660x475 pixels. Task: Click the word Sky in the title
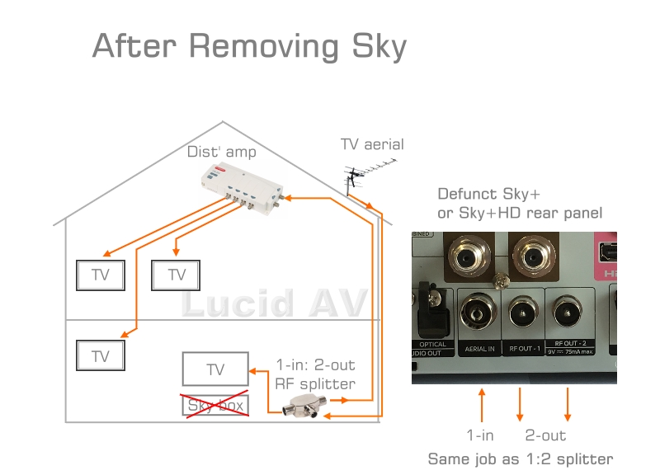[x=376, y=45]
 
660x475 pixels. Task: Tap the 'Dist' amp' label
[x=222, y=152]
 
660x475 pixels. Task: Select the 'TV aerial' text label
[x=372, y=144]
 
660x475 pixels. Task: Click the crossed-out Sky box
[x=215, y=405]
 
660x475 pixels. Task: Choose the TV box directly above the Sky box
[x=214, y=370]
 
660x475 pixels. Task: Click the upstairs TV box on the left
[x=101, y=275]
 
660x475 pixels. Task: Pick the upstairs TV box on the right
[x=177, y=275]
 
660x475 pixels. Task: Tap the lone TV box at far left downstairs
[x=101, y=355]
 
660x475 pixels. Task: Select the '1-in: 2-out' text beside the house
[x=315, y=364]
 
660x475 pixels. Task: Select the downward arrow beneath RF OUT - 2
[x=567, y=405]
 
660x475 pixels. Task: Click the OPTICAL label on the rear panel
[x=432, y=345]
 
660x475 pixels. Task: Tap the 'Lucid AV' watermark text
[x=273, y=303]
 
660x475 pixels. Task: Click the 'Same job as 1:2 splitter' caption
[x=520, y=459]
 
